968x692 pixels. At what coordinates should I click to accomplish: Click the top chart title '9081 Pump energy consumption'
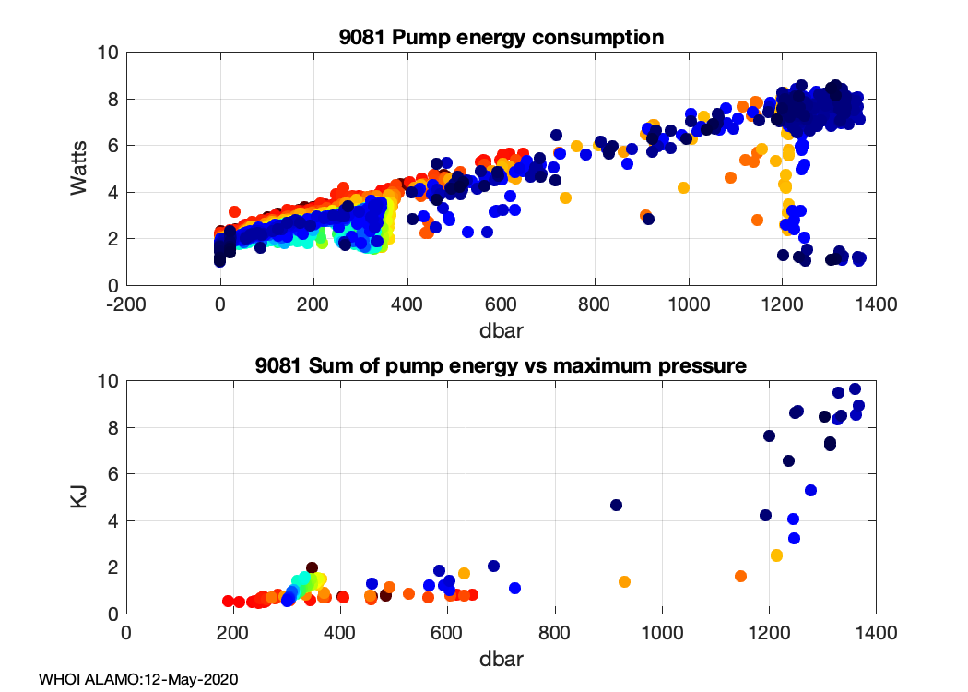(502, 38)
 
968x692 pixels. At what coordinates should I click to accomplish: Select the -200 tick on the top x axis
(126, 305)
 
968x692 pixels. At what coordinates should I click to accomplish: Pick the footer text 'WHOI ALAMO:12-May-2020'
(139, 679)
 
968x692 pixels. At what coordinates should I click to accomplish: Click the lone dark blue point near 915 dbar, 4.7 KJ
(617, 505)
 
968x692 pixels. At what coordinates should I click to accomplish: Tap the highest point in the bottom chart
(855, 388)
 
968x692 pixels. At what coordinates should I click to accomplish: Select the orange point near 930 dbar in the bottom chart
(624, 581)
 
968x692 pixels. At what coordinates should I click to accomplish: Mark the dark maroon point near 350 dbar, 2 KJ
(313, 567)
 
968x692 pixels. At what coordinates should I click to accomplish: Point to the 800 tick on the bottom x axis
(555, 634)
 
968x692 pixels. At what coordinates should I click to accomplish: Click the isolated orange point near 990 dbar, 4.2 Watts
(683, 187)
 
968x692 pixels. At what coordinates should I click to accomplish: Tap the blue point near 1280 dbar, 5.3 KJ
(811, 490)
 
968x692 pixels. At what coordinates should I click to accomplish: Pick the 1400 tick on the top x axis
(876, 305)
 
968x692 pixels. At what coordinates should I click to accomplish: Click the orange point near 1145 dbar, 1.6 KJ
(740, 576)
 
